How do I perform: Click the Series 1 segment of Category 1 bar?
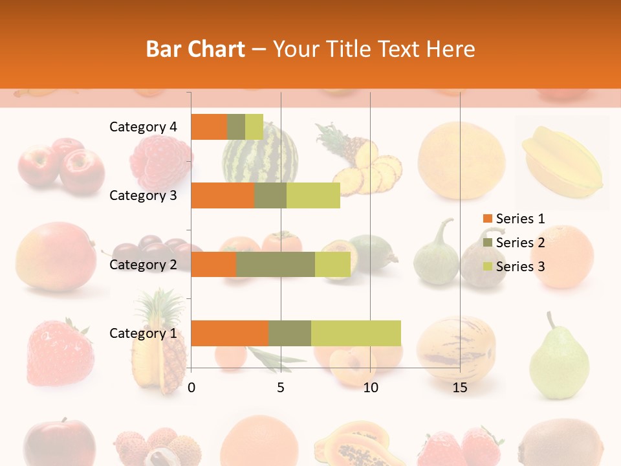(x=230, y=333)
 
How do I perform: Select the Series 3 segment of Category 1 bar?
(x=356, y=333)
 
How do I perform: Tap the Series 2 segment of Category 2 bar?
(x=275, y=264)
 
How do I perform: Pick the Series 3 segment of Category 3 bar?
(x=313, y=195)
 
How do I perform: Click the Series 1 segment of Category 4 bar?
(x=209, y=127)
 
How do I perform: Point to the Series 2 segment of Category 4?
(x=236, y=127)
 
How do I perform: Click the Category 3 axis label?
(x=143, y=195)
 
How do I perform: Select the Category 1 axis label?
(x=143, y=333)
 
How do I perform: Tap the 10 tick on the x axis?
(x=370, y=388)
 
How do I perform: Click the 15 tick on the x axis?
(x=460, y=388)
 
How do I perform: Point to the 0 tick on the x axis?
(x=191, y=388)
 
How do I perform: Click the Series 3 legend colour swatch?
(x=487, y=267)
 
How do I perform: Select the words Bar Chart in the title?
(x=195, y=49)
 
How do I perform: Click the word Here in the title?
(x=451, y=49)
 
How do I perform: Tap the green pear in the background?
(x=558, y=359)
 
